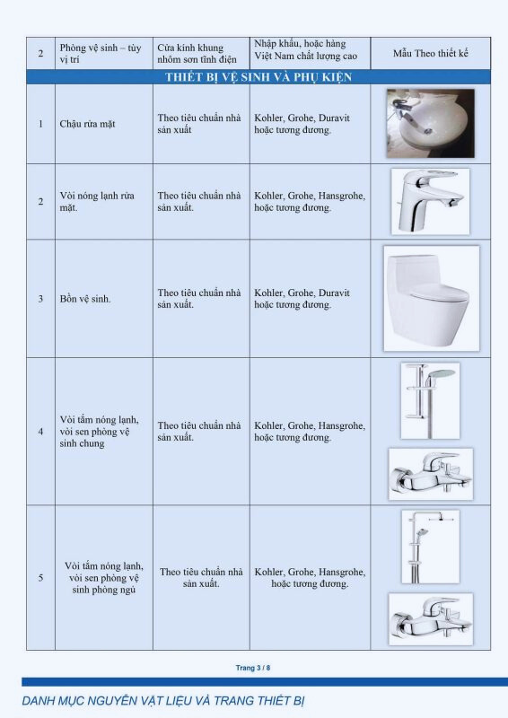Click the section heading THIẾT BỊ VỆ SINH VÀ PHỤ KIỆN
(x=258, y=77)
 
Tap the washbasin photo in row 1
(x=430, y=124)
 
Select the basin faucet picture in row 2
(x=430, y=201)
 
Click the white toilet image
(x=431, y=299)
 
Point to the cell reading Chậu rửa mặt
(x=87, y=124)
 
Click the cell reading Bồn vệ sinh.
(x=85, y=299)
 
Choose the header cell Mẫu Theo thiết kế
(x=431, y=54)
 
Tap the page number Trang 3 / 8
(x=253, y=668)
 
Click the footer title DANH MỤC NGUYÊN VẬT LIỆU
(x=163, y=701)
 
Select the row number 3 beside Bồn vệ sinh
(x=40, y=299)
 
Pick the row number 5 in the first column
(x=40, y=578)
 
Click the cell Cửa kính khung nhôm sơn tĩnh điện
(x=197, y=54)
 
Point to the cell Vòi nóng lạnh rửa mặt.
(x=97, y=201)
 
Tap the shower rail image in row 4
(x=430, y=401)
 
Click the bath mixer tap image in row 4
(x=431, y=474)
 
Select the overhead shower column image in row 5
(x=431, y=547)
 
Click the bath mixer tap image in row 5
(x=431, y=619)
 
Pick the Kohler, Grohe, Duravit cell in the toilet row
(x=302, y=299)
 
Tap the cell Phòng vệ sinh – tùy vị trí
(x=101, y=54)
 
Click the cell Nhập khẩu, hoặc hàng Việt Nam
(x=305, y=50)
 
